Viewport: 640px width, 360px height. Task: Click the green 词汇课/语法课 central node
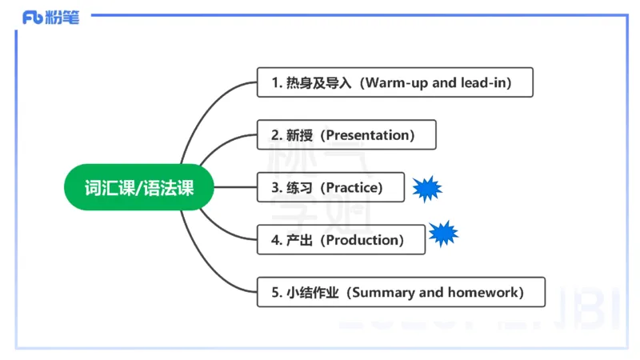[139, 187]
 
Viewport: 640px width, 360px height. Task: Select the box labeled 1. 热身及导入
[394, 82]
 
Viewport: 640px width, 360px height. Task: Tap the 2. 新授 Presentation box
[346, 134]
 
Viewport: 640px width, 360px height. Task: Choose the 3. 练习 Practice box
[330, 187]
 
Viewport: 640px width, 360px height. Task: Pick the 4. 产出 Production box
[341, 239]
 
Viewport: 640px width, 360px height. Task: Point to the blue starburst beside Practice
[427, 188]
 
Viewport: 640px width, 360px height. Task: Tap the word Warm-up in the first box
[394, 82]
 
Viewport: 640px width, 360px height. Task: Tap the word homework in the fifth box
[480, 292]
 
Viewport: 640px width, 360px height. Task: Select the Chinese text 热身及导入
[318, 82]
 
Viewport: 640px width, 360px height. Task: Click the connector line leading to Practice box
[236, 187]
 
